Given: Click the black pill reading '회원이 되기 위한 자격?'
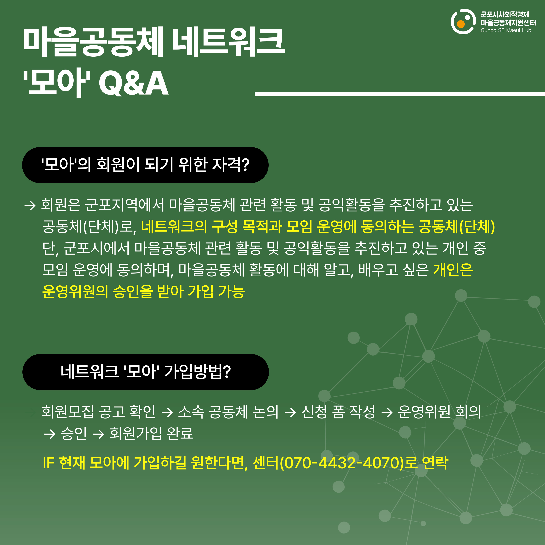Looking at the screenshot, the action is (145, 165).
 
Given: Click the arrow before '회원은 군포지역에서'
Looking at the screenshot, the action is (30, 205).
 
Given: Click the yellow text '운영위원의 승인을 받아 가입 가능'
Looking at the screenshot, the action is (143, 291).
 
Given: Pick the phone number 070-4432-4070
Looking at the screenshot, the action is (342, 463).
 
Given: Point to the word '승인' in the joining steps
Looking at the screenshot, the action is (74, 433).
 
